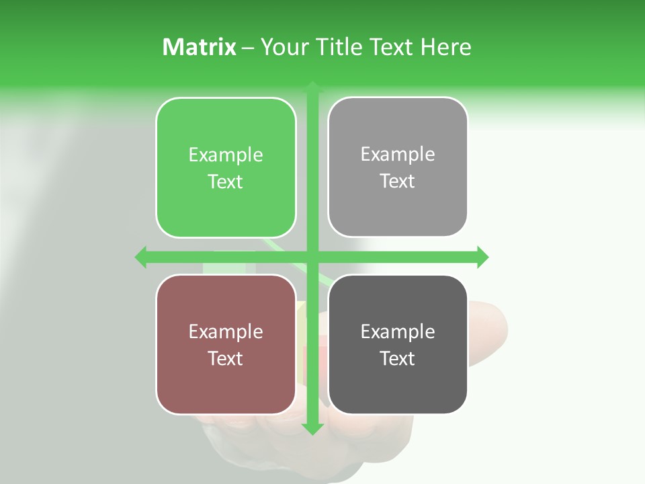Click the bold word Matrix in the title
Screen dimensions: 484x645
(200, 47)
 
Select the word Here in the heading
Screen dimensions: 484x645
(445, 47)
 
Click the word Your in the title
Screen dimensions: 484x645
(285, 47)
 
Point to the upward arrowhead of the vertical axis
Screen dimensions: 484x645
(312, 87)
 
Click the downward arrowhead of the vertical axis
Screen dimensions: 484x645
(312, 428)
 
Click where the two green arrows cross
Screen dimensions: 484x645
(312, 257)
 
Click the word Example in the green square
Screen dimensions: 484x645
(226, 155)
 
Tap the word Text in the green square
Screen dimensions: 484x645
(226, 182)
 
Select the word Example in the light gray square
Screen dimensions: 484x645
(398, 155)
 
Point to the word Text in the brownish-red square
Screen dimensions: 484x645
(226, 358)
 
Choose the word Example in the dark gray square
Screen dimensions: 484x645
(398, 331)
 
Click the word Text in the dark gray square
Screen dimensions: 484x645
(398, 358)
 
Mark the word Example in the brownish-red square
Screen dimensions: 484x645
(226, 331)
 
